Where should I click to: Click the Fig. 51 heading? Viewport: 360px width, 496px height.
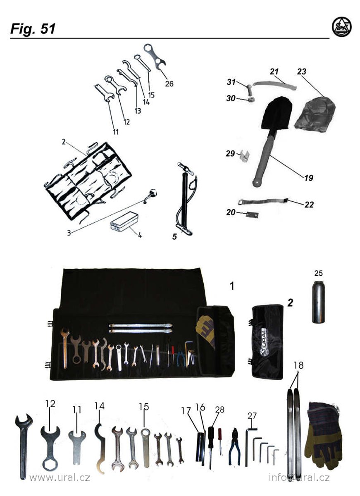[33, 29]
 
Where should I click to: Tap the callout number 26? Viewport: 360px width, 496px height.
[169, 83]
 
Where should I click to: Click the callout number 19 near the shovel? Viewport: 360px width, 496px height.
[309, 178]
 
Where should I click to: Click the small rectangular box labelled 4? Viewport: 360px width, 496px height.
[124, 222]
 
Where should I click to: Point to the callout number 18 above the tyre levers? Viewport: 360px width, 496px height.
[298, 365]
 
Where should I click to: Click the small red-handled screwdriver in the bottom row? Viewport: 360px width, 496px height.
[220, 439]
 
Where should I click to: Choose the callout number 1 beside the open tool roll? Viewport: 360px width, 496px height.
[232, 286]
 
